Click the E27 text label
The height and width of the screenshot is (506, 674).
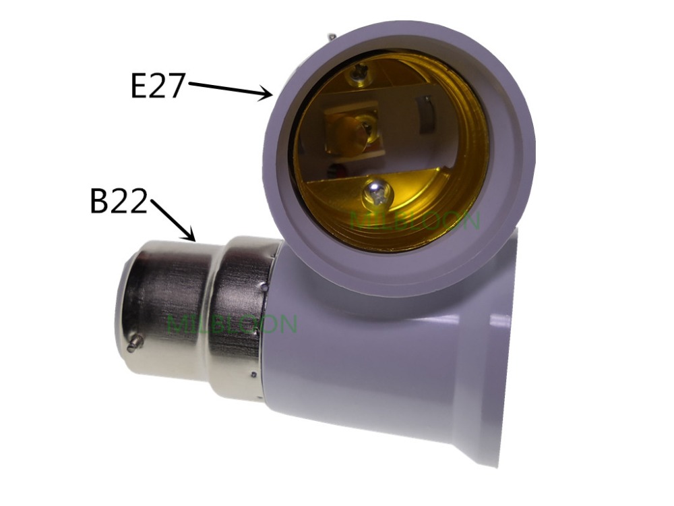pos(157,86)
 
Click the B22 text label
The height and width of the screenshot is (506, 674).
pos(119,202)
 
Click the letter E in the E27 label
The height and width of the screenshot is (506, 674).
pos(140,86)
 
